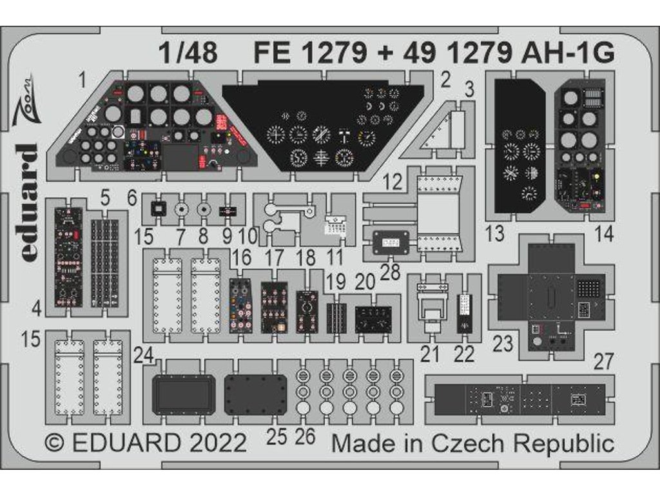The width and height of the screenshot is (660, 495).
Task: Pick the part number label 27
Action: coord(603,362)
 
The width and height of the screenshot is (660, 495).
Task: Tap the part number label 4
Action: coord(37,309)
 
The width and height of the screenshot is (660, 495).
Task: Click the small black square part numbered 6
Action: coord(155,209)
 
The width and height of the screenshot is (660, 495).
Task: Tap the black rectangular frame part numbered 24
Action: coord(183,394)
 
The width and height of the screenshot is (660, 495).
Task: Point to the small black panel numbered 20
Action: coord(374,319)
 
